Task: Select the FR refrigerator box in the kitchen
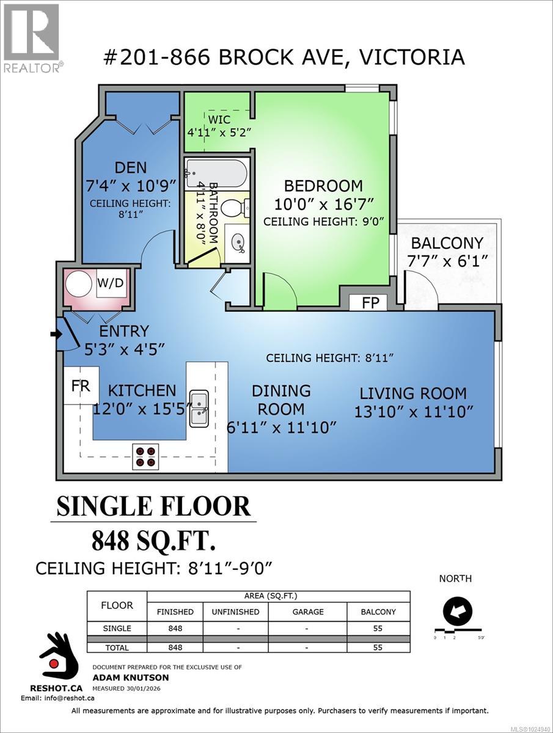click(x=81, y=385)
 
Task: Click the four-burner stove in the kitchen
click(x=145, y=457)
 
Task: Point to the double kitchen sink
click(x=199, y=409)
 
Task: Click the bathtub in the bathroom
click(x=216, y=173)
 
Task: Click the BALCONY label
click(x=447, y=243)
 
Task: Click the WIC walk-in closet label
click(x=219, y=119)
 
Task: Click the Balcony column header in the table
click(x=379, y=611)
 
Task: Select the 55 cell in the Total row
click(x=379, y=647)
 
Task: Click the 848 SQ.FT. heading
click(x=153, y=540)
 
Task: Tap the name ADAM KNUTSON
click(x=131, y=677)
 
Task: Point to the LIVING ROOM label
click(x=413, y=393)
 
